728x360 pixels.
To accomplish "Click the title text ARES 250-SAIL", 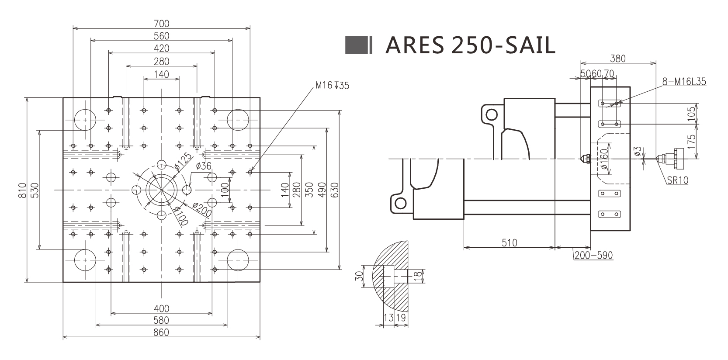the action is [470, 45].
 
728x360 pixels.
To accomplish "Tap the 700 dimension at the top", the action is [161, 24].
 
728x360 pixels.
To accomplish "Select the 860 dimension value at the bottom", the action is [161, 332].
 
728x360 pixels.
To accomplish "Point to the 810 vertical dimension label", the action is [23, 190].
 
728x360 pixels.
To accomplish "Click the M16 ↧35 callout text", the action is [333, 86].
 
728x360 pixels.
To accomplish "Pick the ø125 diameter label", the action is [183, 161].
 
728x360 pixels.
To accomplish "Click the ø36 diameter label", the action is [204, 166].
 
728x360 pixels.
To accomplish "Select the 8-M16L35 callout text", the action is [684, 82].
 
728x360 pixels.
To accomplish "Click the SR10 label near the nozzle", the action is [677, 180].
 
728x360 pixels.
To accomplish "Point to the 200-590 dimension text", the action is [593, 255].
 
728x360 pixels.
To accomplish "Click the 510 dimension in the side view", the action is [510, 242].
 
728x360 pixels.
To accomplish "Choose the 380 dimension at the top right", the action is [617, 59].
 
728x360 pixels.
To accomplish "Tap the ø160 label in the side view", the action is [604, 159].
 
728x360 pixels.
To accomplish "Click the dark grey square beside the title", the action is [356, 45].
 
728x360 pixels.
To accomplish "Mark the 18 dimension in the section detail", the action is [418, 276].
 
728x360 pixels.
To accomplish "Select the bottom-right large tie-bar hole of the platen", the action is [238, 260].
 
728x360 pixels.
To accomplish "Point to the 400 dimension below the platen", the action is [161, 308].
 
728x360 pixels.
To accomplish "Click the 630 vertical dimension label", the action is [335, 190].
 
